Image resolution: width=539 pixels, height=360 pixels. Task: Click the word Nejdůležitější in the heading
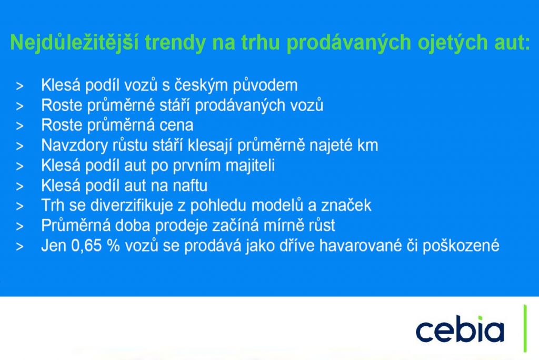74,43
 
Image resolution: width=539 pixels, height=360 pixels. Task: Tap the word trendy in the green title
175,43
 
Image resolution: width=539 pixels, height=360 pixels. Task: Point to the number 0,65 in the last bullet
92,246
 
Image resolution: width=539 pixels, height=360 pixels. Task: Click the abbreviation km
367,145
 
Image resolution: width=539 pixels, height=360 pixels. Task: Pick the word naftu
191,186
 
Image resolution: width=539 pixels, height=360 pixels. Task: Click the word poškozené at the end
461,246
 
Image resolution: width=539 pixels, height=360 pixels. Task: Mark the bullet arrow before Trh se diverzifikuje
19,206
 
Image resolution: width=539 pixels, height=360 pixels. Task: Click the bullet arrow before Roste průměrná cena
19,126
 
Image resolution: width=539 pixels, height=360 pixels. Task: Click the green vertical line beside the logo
525,328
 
